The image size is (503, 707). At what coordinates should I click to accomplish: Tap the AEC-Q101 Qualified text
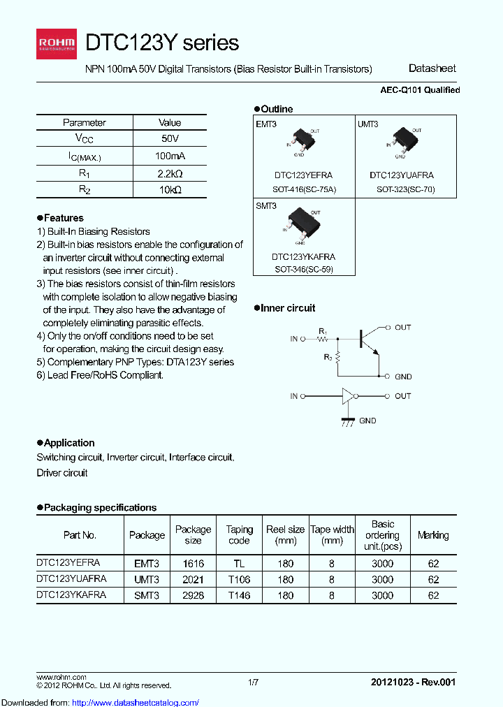419,90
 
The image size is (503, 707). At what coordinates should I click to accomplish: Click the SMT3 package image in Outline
304,223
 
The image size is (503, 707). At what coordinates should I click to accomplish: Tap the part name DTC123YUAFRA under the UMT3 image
402,175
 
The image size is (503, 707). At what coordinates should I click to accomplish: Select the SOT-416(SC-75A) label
303,189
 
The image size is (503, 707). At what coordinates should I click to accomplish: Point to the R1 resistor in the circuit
322,339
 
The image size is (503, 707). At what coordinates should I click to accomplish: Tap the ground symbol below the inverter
347,422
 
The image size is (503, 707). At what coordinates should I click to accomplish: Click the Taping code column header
239,535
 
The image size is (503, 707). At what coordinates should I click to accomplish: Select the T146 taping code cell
239,595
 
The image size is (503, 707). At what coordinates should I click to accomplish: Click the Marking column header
433,535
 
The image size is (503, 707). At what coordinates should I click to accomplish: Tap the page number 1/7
254,682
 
